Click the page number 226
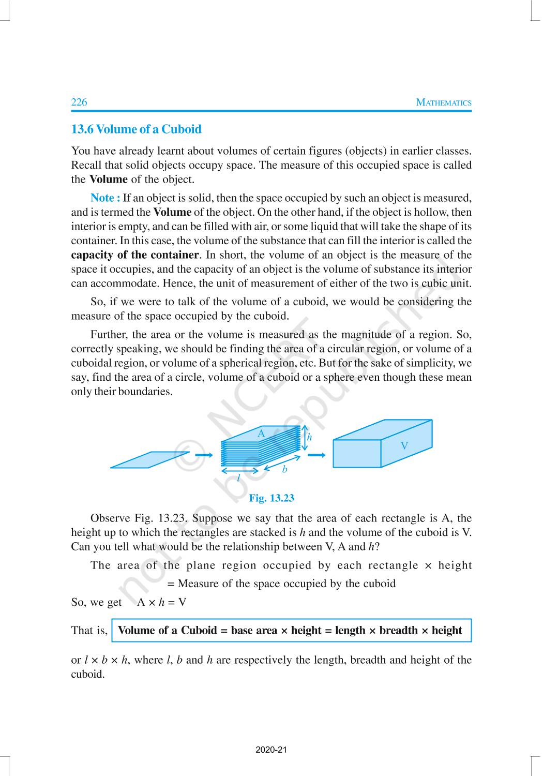[x=79, y=102]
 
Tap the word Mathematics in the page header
[x=444, y=102]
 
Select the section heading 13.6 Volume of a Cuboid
[x=136, y=129]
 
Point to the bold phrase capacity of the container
[x=134, y=255]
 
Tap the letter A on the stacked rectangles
[x=261, y=434]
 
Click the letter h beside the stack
[x=310, y=437]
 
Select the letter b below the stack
[x=284, y=470]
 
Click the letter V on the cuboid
[x=404, y=445]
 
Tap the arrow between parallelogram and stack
[x=205, y=455]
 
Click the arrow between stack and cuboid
[x=316, y=455]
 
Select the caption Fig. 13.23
[x=271, y=498]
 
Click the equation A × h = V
[x=161, y=602]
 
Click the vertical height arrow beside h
[x=305, y=437]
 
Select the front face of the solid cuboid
[x=357, y=453]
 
